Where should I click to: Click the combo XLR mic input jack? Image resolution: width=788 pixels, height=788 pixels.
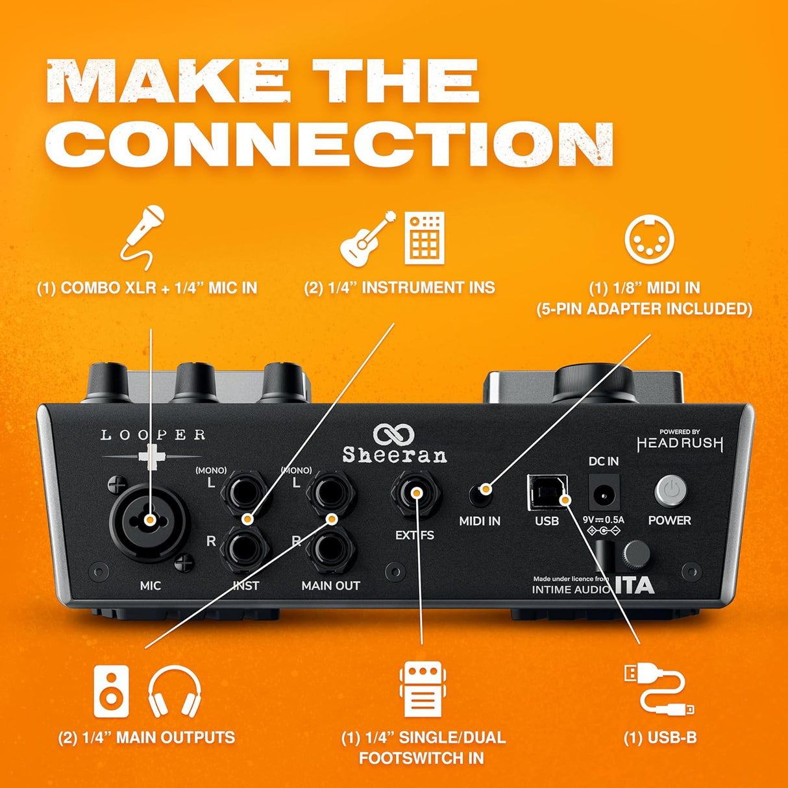[x=149, y=520]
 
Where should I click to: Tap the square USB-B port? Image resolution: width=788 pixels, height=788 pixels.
[x=548, y=493]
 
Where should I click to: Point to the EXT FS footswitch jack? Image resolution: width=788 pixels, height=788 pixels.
[x=416, y=494]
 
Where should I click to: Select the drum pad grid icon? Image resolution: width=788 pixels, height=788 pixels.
[x=425, y=238]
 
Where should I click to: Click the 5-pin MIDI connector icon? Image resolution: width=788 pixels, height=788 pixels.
[x=649, y=240]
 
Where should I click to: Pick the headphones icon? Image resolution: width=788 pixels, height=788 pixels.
[x=175, y=691]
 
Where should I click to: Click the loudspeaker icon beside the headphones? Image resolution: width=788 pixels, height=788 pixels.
[x=112, y=691]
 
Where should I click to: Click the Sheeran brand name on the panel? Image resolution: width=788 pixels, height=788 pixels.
[x=395, y=456]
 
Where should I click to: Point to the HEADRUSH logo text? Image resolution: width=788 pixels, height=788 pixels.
[x=680, y=444]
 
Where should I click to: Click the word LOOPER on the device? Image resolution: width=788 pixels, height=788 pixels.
[x=153, y=435]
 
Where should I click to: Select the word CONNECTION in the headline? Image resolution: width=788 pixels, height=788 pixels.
[x=330, y=144]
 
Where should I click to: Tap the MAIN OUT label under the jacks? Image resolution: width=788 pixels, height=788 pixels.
[x=330, y=585]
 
